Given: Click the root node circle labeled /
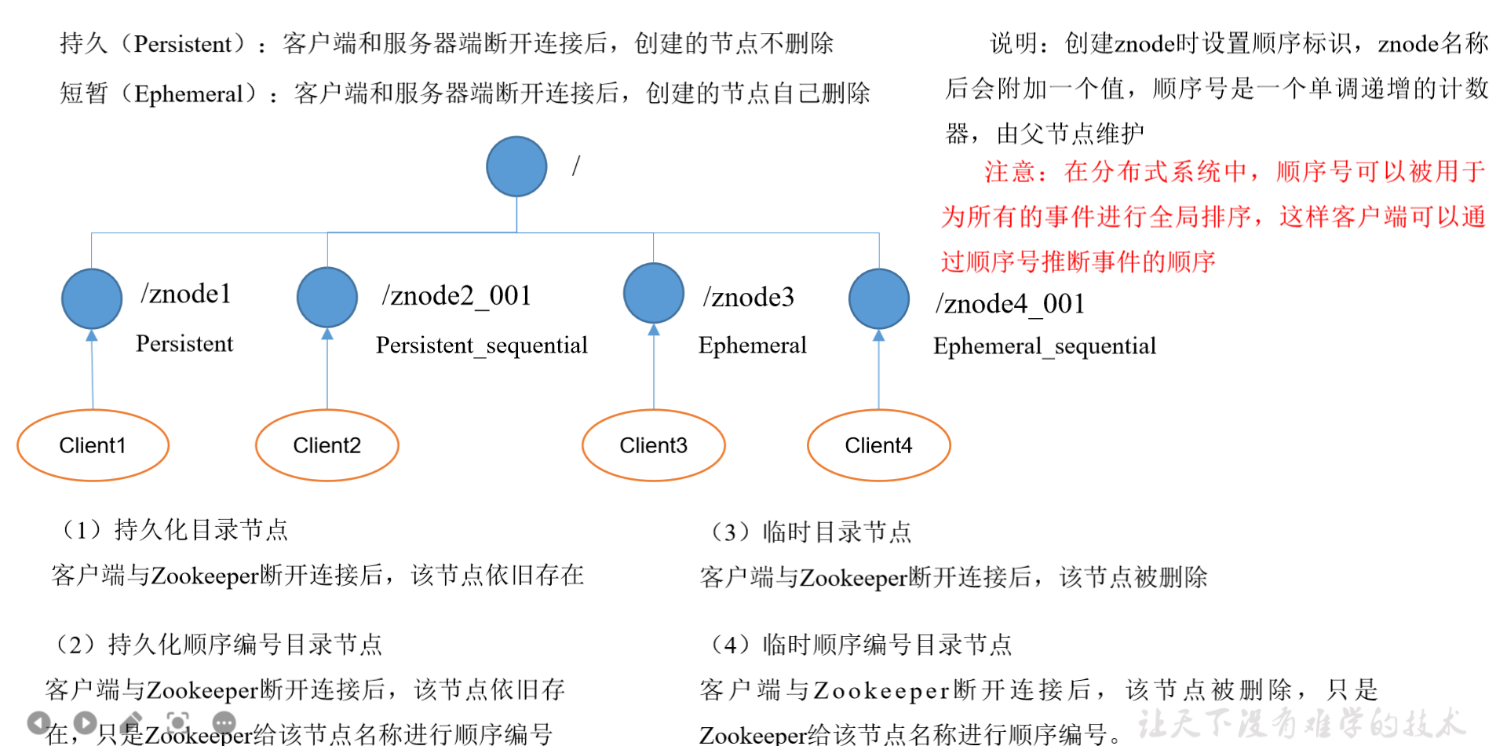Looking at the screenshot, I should (516, 166).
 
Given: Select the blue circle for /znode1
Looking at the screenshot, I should (92, 298).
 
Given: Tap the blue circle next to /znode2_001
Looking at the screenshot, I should (327, 297).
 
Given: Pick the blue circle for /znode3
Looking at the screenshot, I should (654, 293).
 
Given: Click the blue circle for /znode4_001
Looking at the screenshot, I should (879, 298).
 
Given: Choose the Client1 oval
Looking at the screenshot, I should (93, 445).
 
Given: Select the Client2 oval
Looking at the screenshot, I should (327, 445).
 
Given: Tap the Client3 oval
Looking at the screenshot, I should (654, 445).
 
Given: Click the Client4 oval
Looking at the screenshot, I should (879, 445).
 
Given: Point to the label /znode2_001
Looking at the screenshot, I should (457, 295).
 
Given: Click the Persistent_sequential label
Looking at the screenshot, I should (481, 346).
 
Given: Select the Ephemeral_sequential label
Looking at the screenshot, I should (1044, 346).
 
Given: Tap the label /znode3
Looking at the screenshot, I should (749, 297).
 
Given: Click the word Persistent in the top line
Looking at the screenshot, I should (183, 44).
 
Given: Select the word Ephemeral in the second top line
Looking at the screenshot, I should (189, 94).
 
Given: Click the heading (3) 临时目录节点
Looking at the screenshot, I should (811, 532).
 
